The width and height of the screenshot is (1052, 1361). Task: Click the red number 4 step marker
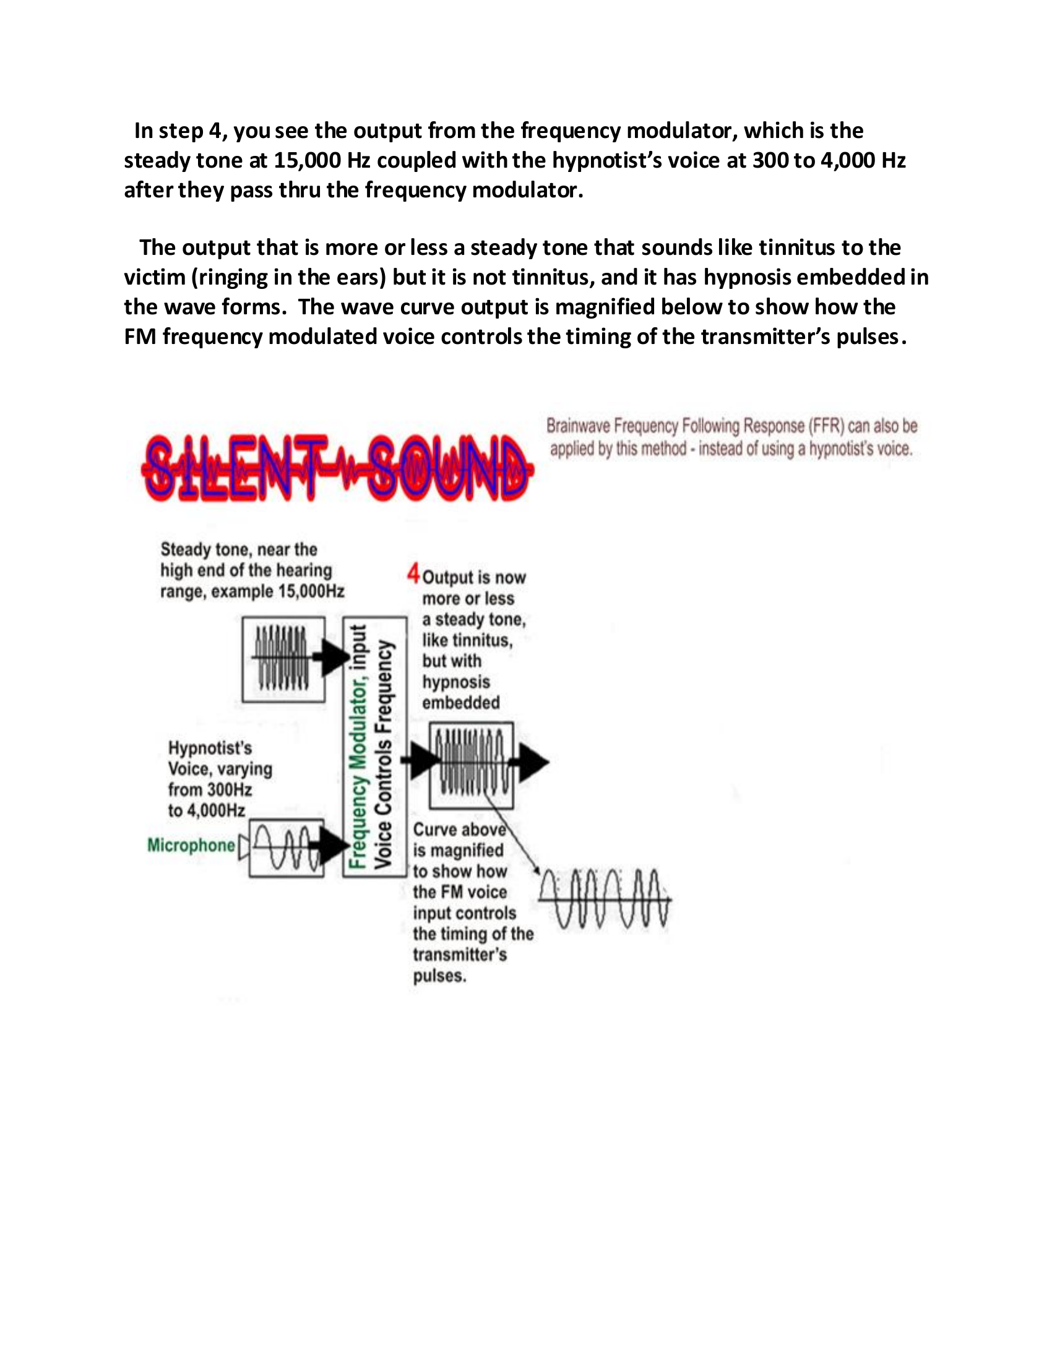pos(413,573)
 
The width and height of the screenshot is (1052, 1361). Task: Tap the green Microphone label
pos(191,845)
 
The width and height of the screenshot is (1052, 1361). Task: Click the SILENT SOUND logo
pos(337,469)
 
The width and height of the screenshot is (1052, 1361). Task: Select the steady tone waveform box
pos(283,659)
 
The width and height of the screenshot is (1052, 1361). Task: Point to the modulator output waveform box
pos(471,765)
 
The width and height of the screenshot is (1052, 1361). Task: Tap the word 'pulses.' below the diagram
pos(439,975)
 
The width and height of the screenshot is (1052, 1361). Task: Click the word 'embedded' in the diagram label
pos(460,702)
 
